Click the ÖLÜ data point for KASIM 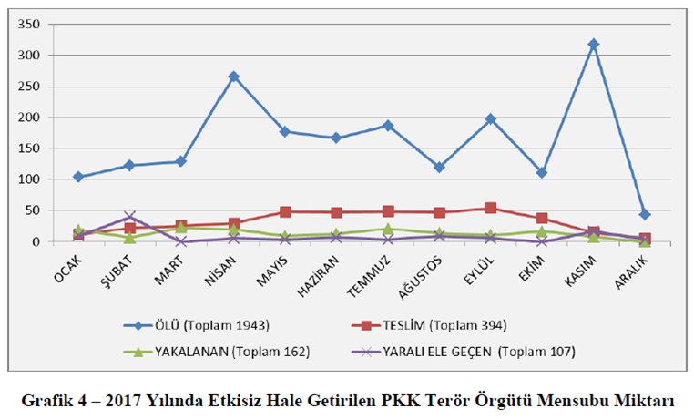(x=594, y=44)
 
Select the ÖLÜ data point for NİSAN (x=233, y=77)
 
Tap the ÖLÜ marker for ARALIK (x=645, y=215)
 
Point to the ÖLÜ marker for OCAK (x=78, y=177)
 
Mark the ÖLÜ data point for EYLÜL (x=491, y=118)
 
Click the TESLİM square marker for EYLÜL (x=491, y=208)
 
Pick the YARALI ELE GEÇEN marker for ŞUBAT (x=129, y=217)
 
